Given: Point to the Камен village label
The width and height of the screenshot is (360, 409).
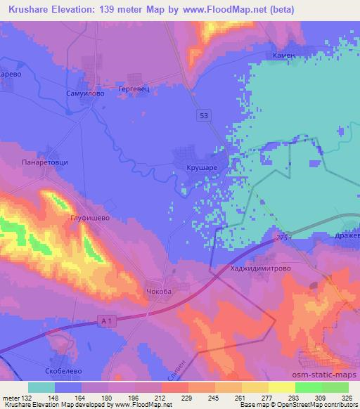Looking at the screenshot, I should coord(285,55).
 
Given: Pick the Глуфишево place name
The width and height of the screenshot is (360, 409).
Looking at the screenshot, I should coord(91,219).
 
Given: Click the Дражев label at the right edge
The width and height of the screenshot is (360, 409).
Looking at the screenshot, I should coord(348,237).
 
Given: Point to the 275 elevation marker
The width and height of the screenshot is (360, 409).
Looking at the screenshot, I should coord(283,239).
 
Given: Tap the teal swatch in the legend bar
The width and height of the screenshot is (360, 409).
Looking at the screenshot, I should coord(41,387).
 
